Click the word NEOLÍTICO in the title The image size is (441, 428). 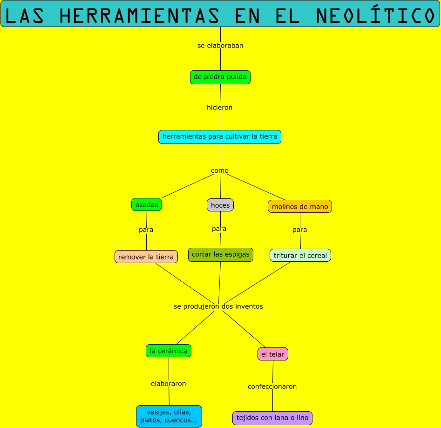tap(375, 16)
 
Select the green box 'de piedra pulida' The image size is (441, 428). tap(220, 77)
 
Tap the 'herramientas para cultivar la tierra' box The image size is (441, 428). tap(220, 137)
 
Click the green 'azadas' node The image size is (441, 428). tap(147, 205)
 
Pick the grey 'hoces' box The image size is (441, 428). tap(220, 205)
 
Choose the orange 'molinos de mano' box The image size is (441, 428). tap(300, 206)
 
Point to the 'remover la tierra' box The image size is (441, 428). tap(146, 257)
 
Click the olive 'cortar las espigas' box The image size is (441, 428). tap(221, 255)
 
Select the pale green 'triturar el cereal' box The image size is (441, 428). tap(300, 255)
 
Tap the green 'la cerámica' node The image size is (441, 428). tap(169, 351)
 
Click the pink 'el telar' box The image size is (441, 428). tap(273, 354)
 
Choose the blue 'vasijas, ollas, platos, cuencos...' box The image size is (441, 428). tap(169, 416)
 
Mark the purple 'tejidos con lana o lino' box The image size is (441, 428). tap(272, 418)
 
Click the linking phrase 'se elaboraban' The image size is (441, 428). tap(220, 46)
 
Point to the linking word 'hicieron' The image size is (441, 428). tap(220, 108)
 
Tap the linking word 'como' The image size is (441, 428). tap(220, 170)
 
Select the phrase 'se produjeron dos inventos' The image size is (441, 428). tap(218, 306)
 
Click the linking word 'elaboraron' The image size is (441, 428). tap(169, 384)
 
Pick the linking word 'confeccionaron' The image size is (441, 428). tap(272, 387)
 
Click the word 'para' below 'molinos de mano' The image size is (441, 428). tap(300, 230)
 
